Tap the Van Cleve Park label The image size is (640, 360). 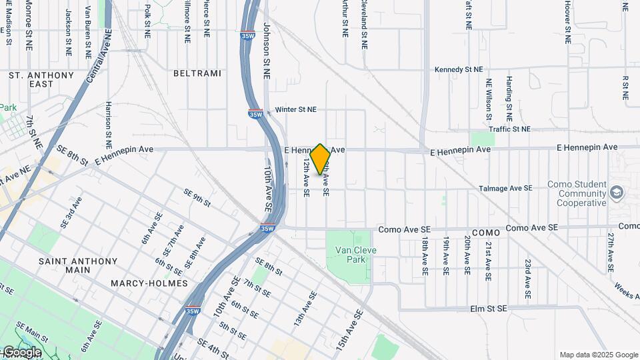351,255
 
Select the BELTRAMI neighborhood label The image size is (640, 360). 197,73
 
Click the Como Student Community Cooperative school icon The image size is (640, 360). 617,193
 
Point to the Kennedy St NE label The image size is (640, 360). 458,69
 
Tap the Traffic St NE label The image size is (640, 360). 509,129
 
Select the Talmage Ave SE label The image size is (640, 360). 505,189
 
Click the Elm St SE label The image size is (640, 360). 489,309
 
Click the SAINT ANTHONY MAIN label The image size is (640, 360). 78,265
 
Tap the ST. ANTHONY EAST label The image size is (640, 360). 41,80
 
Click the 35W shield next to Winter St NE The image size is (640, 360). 255,113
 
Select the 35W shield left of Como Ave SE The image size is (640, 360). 267,229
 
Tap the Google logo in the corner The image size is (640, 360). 21,352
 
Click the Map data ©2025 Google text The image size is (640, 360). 598,355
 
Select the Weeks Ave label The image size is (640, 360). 627,291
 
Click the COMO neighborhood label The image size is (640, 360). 485,233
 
